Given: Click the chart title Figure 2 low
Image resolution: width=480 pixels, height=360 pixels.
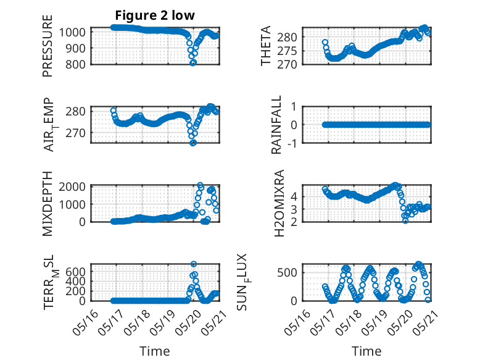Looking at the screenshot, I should [155, 16].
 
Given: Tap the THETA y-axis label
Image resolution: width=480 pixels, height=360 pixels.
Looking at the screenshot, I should [266, 46].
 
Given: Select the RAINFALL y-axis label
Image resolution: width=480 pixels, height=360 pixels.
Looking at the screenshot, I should [277, 125].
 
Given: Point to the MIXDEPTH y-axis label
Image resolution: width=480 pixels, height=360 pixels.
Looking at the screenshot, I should [48, 203].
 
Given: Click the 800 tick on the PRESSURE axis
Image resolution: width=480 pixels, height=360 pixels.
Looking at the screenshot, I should [78, 63].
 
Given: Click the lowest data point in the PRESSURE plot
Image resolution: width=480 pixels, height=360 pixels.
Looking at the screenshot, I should [193, 62].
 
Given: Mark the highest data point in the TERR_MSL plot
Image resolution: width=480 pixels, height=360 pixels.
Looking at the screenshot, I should [194, 264].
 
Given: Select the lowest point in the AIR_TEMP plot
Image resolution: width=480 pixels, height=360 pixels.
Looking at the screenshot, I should [193, 143].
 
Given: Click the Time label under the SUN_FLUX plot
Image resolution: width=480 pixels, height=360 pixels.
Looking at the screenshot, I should [366, 351].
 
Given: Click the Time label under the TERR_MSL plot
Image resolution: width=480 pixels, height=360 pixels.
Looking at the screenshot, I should [155, 351].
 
